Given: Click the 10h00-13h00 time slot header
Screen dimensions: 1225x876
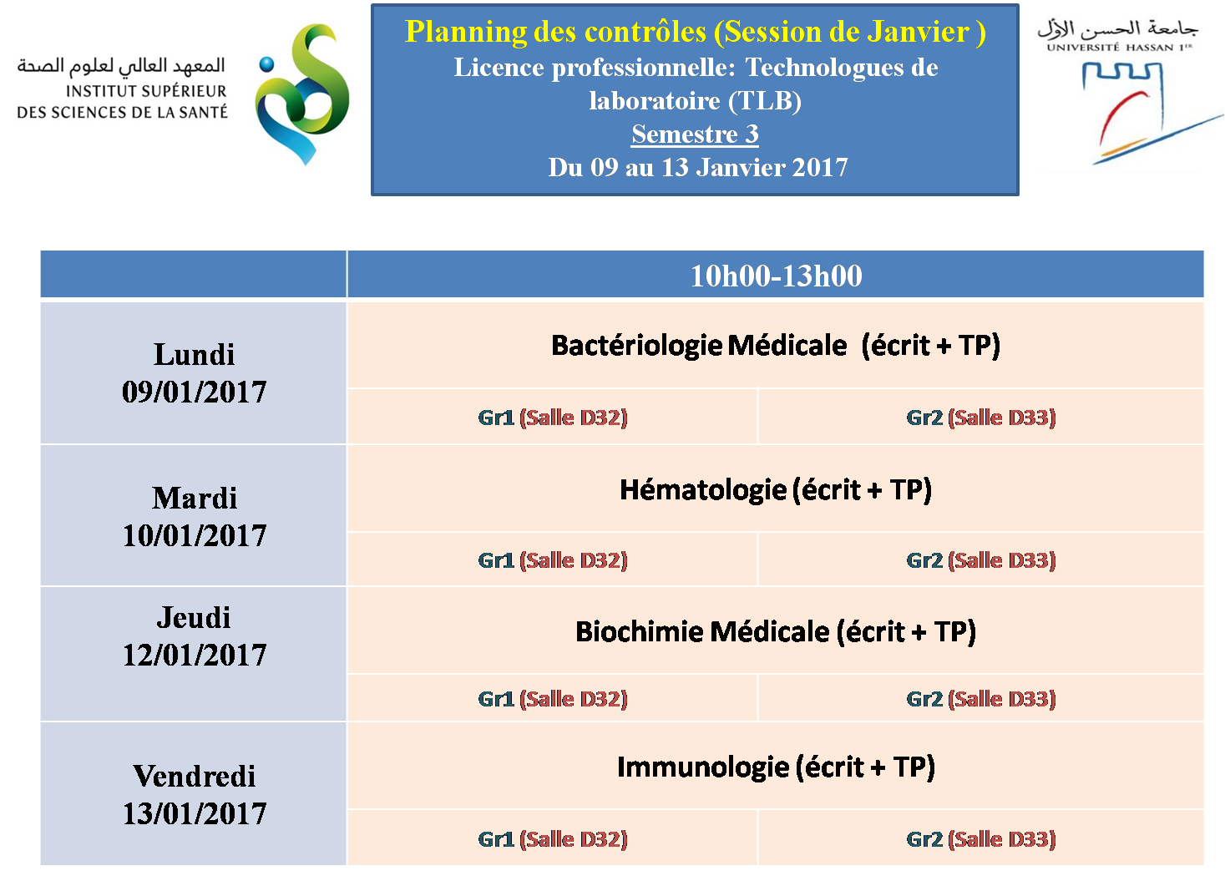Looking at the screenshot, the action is click(776, 275).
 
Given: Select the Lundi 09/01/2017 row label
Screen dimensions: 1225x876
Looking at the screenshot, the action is click(194, 373).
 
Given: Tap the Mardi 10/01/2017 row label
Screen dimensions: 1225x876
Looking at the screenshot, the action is click(194, 516).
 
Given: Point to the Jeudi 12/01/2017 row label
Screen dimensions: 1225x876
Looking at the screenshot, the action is click(194, 636).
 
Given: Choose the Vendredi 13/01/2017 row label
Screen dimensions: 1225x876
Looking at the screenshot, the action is click(194, 794).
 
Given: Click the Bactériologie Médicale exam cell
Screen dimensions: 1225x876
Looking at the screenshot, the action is click(776, 346).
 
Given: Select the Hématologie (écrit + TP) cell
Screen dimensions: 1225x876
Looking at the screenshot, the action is click(776, 489).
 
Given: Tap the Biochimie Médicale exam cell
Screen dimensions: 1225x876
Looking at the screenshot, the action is click(776, 631).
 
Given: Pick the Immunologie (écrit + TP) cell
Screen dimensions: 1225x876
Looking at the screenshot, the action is click(776, 767).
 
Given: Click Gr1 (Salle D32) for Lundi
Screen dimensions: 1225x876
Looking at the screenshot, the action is click(552, 418).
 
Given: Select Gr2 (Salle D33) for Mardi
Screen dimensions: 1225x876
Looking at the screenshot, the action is click(981, 560).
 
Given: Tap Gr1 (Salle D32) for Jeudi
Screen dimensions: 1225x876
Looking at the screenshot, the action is click(552, 698).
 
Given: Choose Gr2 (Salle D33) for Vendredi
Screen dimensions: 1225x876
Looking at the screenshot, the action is click(981, 838).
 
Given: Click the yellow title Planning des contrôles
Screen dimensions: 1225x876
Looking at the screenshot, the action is click(555, 31).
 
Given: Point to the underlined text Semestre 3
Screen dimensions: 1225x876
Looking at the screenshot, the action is click(695, 134).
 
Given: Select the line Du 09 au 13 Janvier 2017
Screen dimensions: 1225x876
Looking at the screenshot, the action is click(698, 167).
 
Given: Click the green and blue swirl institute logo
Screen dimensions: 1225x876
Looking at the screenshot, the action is click(302, 94).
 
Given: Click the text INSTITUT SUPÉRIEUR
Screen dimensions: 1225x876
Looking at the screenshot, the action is click(146, 91).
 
